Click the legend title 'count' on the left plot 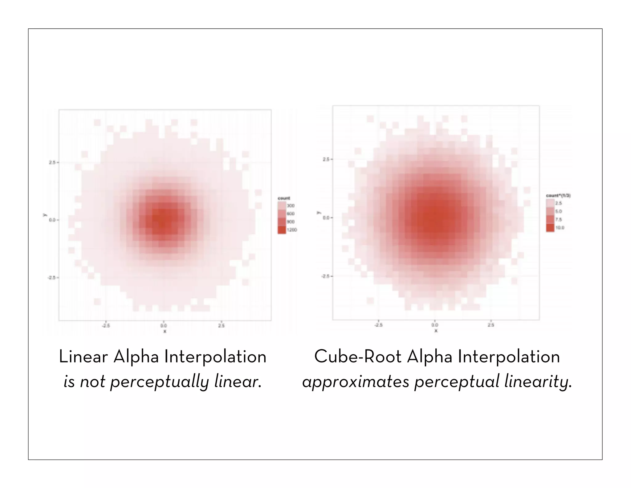(x=284, y=198)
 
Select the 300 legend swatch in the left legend (x=282, y=206)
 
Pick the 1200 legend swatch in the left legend (x=282, y=230)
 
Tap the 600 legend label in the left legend (x=291, y=214)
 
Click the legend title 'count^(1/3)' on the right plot (x=558, y=196)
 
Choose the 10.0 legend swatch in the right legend (x=550, y=228)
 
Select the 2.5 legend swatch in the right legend (x=550, y=203)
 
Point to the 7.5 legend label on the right (x=559, y=220)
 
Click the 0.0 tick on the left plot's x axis (x=164, y=325)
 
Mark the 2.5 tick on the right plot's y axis (x=326, y=159)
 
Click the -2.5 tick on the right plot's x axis (x=378, y=325)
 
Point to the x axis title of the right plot (x=436, y=331)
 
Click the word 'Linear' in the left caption (x=83, y=357)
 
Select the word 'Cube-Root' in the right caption (x=357, y=357)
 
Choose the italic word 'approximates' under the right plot (x=356, y=382)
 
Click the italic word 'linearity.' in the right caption (x=538, y=382)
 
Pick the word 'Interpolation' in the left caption (x=215, y=357)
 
